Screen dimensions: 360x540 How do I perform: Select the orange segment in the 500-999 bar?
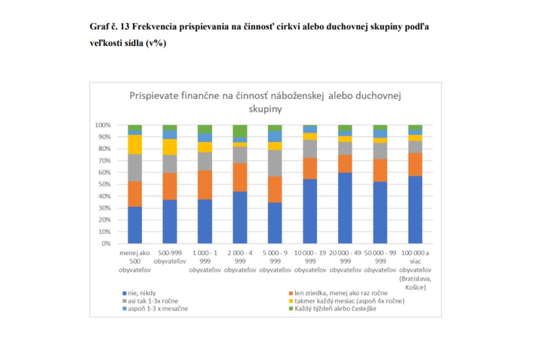(170, 186)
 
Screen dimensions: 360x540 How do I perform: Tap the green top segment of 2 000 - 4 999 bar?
(240, 131)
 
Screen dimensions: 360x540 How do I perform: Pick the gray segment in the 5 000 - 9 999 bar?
(275, 163)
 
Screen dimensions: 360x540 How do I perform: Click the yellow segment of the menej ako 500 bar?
(135, 144)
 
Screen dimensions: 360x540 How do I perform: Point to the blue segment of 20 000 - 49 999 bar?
(345, 208)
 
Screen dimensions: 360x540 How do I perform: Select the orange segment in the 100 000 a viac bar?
(415, 164)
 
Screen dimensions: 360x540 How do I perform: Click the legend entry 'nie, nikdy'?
(141, 293)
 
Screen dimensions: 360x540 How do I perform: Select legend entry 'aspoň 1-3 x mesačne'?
(155, 309)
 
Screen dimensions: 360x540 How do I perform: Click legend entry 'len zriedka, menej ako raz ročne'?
(337, 293)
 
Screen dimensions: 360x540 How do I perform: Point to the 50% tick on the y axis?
(104, 184)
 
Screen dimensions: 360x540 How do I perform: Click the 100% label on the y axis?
(103, 125)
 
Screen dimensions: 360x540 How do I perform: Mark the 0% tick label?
(106, 244)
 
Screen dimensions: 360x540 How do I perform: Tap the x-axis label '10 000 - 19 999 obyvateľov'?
(310, 261)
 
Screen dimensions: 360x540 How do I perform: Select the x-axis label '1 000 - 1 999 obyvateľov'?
(205, 261)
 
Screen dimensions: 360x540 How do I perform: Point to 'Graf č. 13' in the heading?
(111, 27)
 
